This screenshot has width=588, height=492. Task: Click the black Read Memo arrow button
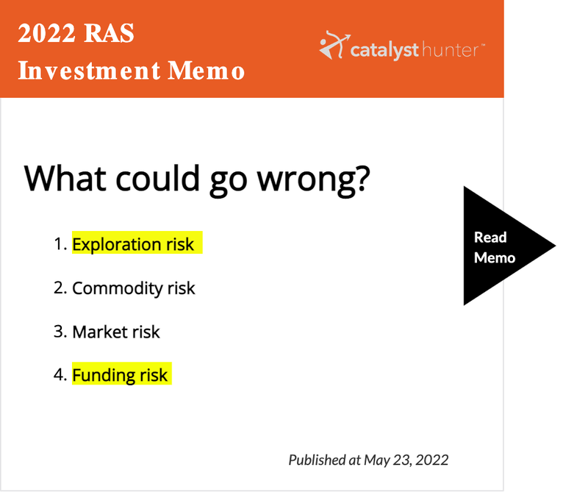coord(503,246)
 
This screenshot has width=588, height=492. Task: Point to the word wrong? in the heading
coord(314,179)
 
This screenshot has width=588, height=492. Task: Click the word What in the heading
coord(65,178)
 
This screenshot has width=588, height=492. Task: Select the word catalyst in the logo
coord(384,50)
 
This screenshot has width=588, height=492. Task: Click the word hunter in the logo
coord(451,50)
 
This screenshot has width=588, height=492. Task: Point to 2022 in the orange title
coord(46,33)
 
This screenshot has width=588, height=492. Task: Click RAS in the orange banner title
coord(109,33)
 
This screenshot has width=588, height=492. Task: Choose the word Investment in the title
coord(89,71)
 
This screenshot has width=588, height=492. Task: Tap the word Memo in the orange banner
coord(207,71)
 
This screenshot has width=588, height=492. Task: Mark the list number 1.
coord(60,244)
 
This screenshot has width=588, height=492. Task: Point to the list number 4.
coord(60,374)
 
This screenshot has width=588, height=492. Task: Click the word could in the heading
coord(158,178)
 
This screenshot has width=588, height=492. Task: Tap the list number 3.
coord(60,332)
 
